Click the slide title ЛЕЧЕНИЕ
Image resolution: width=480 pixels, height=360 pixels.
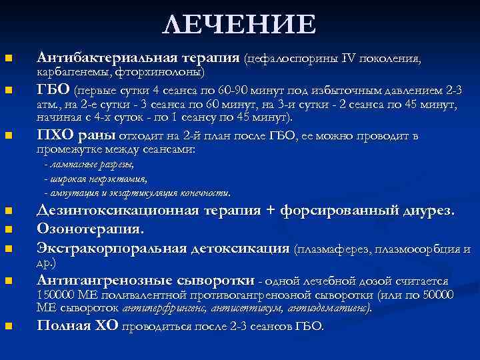pos(240,25)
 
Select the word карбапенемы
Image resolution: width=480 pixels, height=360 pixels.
pos(73,71)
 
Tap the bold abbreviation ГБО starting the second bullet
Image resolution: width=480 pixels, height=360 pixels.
pos(53,89)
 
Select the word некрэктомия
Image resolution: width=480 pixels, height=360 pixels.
pos(124,179)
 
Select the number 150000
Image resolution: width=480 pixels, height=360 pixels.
pos(56,295)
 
